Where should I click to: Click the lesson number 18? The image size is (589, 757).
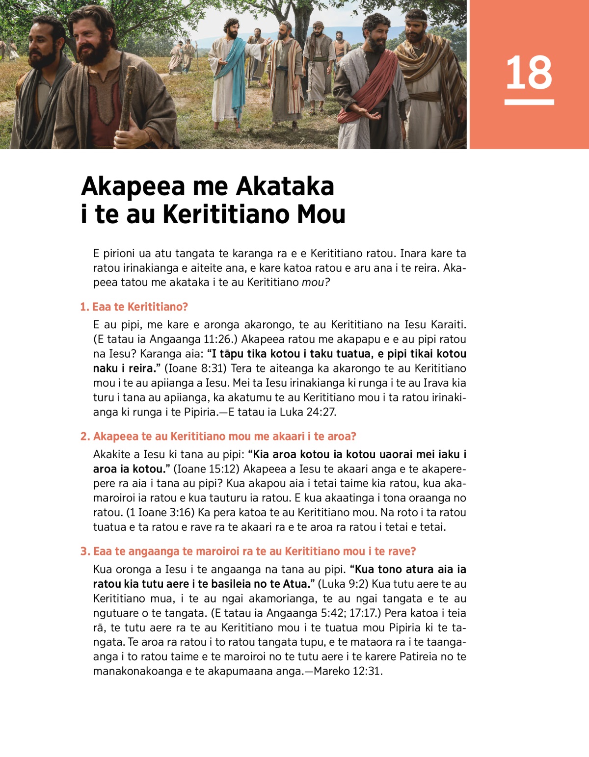[x=529, y=73]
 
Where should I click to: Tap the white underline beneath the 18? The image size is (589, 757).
[x=529, y=102]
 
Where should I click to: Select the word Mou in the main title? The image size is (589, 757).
[x=321, y=214]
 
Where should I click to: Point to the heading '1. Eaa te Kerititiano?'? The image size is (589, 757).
[x=134, y=307]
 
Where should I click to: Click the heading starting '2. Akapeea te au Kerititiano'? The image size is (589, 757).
[x=218, y=437]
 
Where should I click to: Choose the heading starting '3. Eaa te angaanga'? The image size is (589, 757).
[x=248, y=551]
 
